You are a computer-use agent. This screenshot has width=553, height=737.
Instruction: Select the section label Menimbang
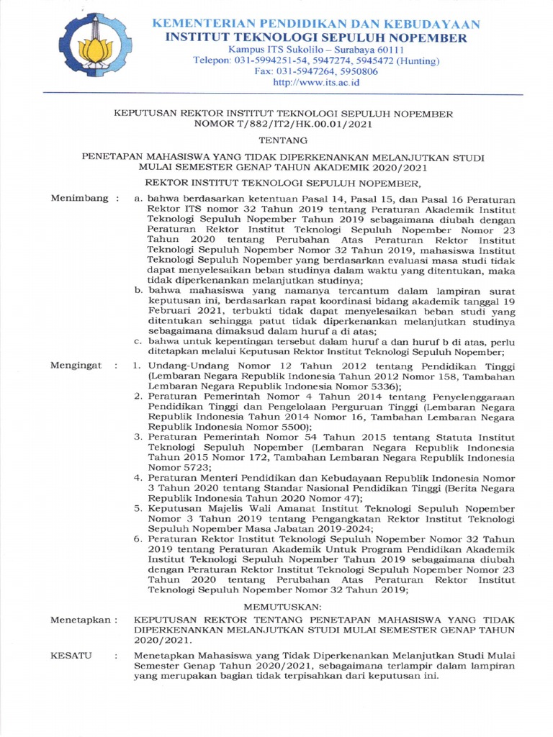coord(78,197)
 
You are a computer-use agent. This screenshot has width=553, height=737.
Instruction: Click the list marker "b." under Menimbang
coord(140,289)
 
